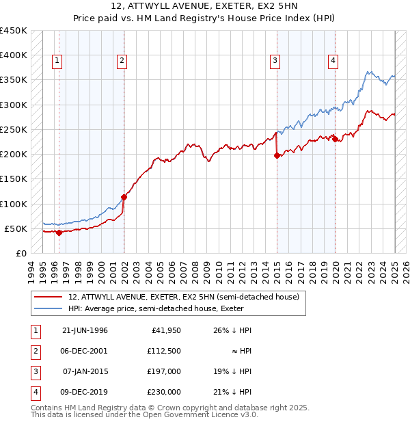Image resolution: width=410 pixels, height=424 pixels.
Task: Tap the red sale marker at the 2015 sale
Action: click(x=277, y=156)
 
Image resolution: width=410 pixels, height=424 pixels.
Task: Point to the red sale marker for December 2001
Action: click(x=124, y=198)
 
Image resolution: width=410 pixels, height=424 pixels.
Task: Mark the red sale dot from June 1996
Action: click(x=59, y=233)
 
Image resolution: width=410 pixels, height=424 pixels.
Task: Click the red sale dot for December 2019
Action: click(x=336, y=140)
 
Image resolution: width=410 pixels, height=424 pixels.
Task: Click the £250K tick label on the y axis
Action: click(x=14, y=129)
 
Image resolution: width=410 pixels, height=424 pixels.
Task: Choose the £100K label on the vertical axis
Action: click(x=14, y=204)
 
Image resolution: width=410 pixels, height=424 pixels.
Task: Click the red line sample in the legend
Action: click(x=49, y=297)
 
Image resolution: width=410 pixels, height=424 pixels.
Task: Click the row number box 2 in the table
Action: click(x=35, y=351)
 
